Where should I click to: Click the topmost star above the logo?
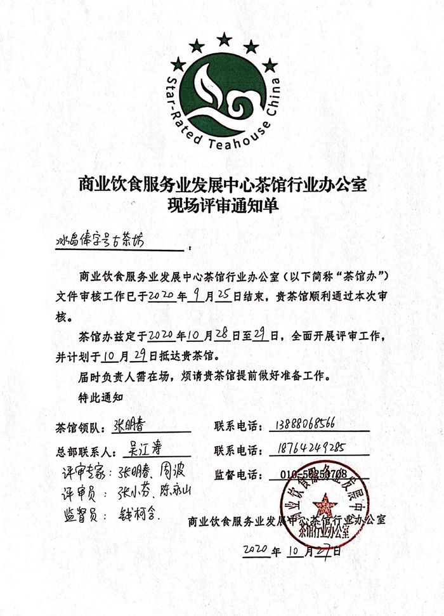(223, 40)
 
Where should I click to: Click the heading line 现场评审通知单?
(221, 206)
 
